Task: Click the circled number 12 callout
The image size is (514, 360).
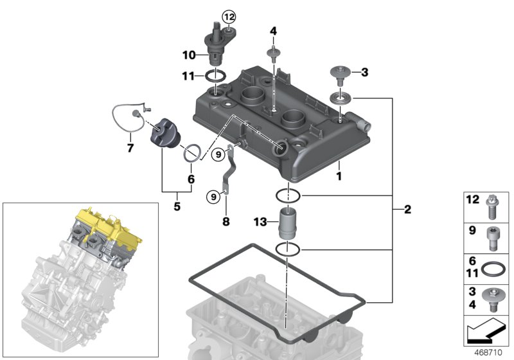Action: (x=229, y=15)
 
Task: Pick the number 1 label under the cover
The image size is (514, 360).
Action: (x=339, y=175)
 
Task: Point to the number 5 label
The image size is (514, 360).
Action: (x=177, y=207)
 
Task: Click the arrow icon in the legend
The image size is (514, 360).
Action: (x=485, y=334)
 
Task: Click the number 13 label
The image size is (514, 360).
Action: (x=260, y=223)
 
